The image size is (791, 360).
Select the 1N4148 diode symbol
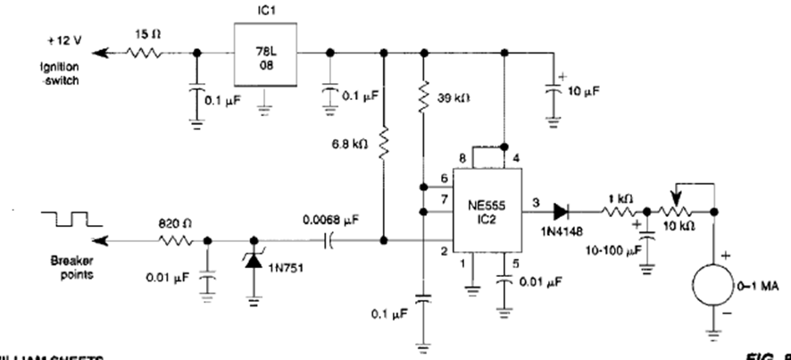(562, 213)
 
